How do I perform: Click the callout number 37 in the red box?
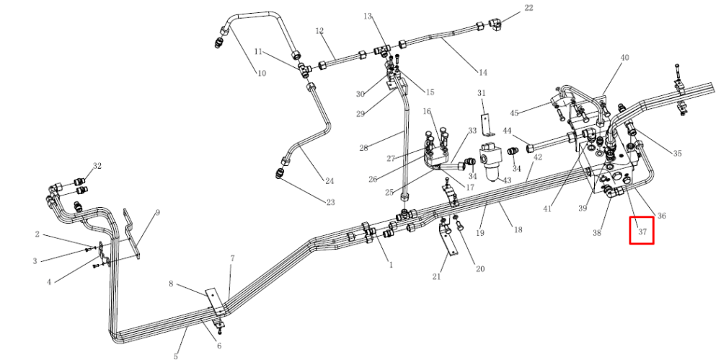642,232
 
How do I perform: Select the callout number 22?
528,8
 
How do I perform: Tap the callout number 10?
261,73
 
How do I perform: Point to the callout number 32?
97,166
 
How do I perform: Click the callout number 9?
158,213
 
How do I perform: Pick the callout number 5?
176,356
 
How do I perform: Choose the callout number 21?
436,277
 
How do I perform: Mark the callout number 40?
624,58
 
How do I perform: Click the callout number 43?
507,180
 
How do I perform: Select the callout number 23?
330,202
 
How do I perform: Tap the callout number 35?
677,153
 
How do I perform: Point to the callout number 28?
363,148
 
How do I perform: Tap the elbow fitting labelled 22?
495,22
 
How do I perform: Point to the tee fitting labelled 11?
304,69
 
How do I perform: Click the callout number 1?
392,265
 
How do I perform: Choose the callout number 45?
514,113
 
